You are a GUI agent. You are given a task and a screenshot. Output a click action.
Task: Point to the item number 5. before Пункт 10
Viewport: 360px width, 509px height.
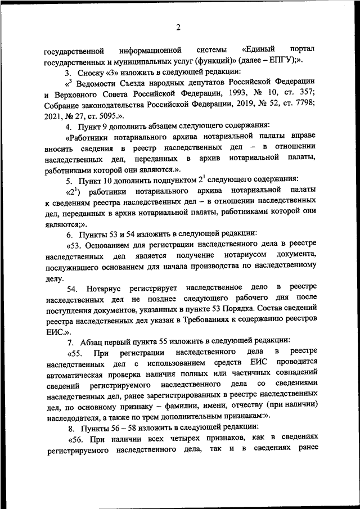pyautogui.click(x=69, y=180)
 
